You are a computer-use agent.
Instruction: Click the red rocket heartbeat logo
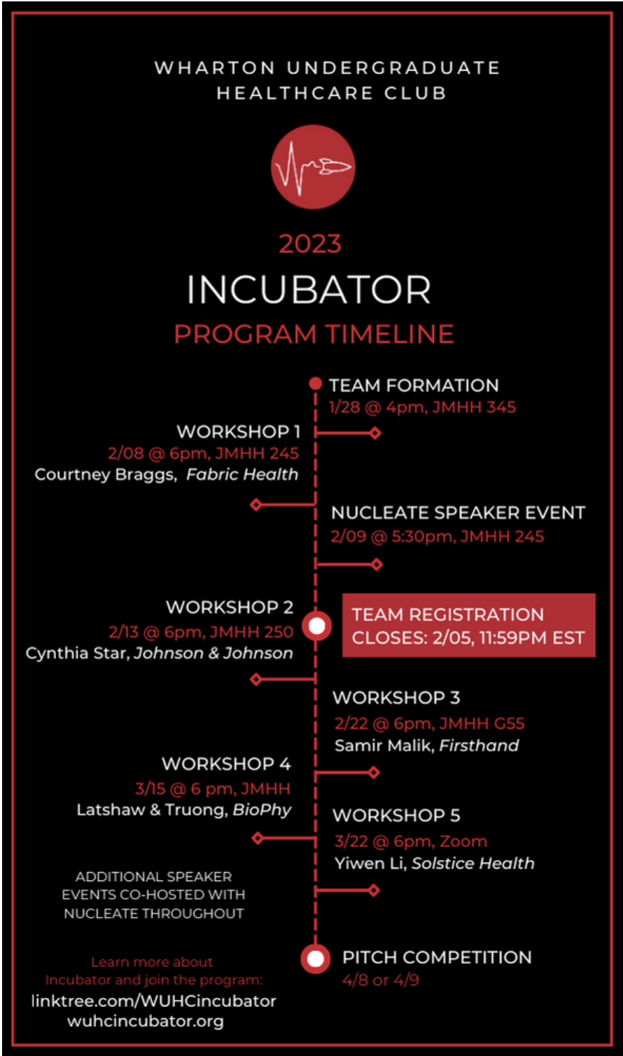click(x=313, y=167)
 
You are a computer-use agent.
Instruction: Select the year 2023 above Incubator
click(x=310, y=244)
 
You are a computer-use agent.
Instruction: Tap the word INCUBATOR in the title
click(x=309, y=290)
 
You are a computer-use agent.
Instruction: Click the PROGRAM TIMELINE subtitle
click(x=314, y=334)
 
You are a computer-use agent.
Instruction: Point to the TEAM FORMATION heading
click(x=414, y=386)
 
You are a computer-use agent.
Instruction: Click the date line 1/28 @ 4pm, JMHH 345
click(x=422, y=407)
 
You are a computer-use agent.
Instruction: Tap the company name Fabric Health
click(x=242, y=474)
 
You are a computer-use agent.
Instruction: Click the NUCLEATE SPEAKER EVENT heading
click(x=458, y=513)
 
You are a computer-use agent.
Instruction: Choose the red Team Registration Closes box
click(x=468, y=626)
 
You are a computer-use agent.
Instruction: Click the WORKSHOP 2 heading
click(x=230, y=607)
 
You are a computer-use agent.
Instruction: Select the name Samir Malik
click(x=384, y=745)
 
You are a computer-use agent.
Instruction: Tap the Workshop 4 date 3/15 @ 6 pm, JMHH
click(x=213, y=789)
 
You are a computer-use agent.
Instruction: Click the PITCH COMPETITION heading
click(x=437, y=957)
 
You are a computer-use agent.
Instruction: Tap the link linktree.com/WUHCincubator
click(x=154, y=1001)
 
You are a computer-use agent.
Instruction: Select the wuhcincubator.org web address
click(x=146, y=1021)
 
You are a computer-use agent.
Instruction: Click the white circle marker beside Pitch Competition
click(x=315, y=958)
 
